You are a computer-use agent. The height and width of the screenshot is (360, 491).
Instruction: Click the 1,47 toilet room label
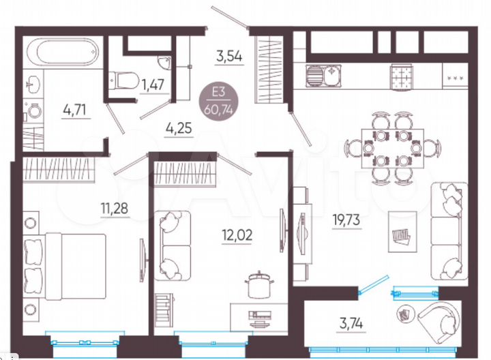tap(153, 85)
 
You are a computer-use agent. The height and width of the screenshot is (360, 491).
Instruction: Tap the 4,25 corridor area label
tap(179, 125)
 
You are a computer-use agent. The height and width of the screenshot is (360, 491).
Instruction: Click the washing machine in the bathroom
tap(33, 110)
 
